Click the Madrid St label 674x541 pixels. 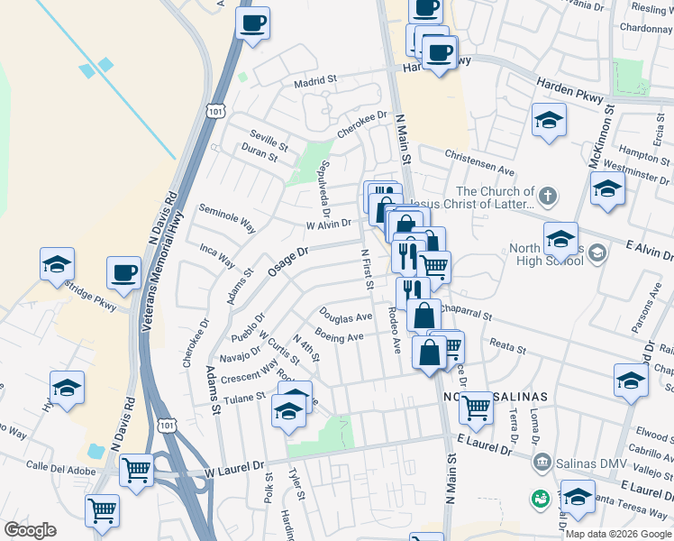[x=315, y=80]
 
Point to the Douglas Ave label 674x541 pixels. [x=345, y=316]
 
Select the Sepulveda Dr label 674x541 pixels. [x=323, y=183]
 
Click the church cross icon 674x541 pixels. [x=547, y=195]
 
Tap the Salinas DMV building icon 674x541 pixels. [x=542, y=462]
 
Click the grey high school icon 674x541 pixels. [x=596, y=254]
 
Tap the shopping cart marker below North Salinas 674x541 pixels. [x=476, y=408]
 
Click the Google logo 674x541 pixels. [x=30, y=530]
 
